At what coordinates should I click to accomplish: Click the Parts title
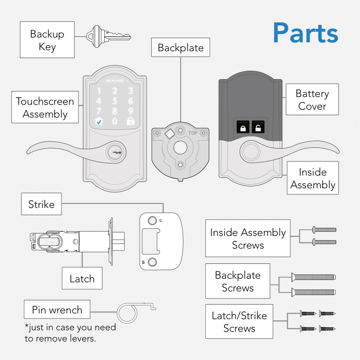click(x=305, y=33)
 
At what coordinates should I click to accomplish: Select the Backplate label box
click(x=180, y=47)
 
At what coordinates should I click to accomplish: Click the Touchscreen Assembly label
click(x=45, y=108)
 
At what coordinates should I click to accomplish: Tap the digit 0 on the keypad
click(x=114, y=122)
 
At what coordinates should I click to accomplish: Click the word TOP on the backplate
click(x=193, y=133)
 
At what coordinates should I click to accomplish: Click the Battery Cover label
click(x=312, y=100)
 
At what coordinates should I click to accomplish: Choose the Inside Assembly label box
click(x=313, y=178)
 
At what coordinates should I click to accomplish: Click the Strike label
click(x=41, y=204)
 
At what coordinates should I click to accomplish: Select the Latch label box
click(x=82, y=278)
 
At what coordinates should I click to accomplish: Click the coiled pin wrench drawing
click(x=127, y=313)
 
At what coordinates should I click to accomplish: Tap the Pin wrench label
click(x=57, y=310)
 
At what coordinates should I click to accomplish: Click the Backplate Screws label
click(x=238, y=281)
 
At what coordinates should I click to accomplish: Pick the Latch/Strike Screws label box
click(x=239, y=321)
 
